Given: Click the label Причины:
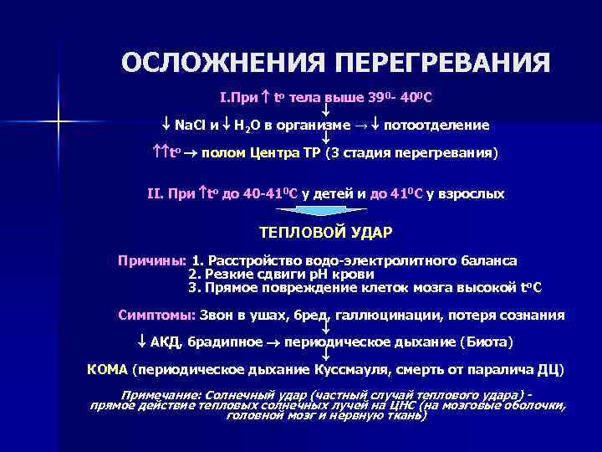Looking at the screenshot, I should click(152, 261).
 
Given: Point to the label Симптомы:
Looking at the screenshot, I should click(156, 316).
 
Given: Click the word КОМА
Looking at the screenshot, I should click(108, 369).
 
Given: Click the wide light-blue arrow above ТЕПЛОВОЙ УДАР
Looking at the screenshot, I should click(323, 213).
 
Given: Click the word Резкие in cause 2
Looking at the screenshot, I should click(224, 275).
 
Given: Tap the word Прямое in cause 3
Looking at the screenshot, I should click(228, 288).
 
